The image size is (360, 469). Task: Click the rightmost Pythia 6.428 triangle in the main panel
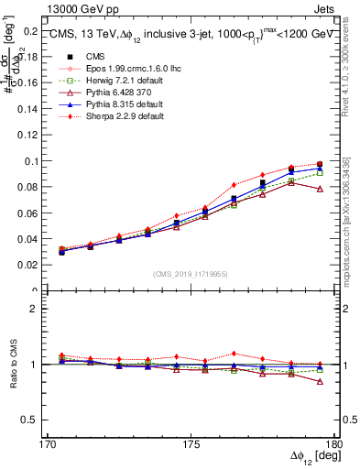pos(320,189)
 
